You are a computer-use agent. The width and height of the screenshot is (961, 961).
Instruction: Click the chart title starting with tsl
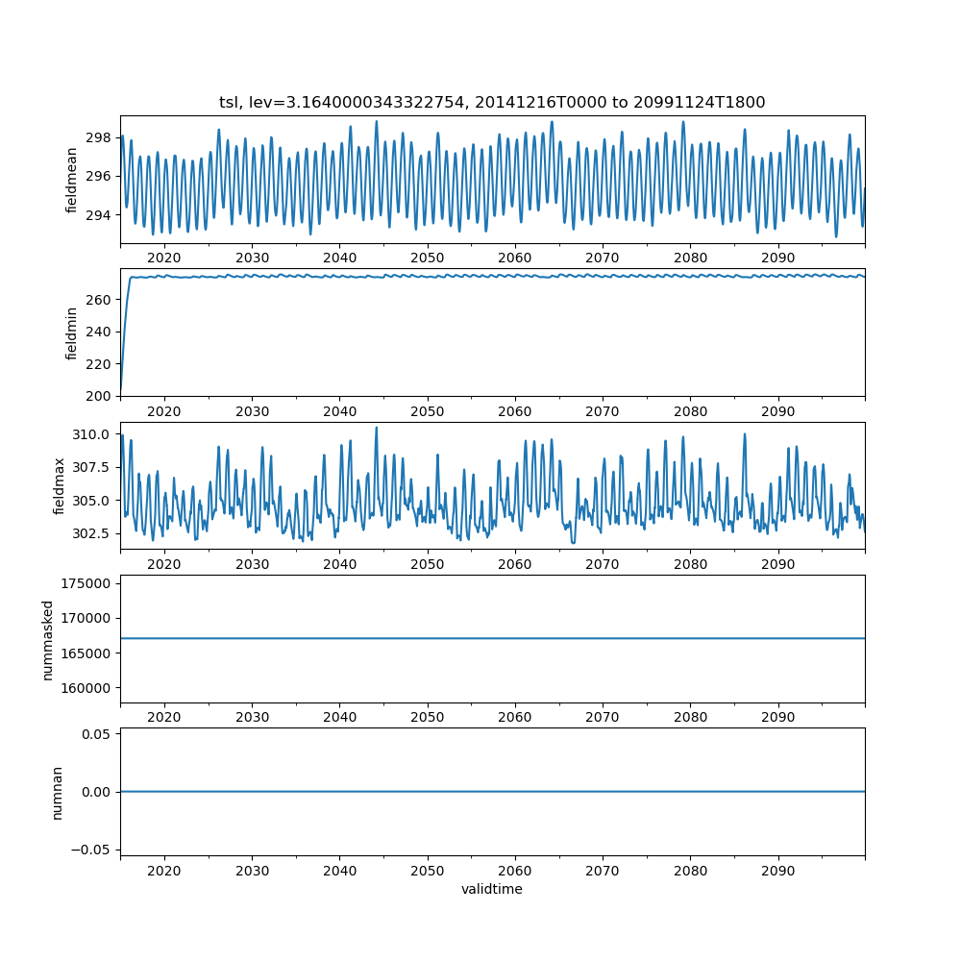tap(492, 103)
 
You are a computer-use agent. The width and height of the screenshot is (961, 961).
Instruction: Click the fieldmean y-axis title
tap(71, 180)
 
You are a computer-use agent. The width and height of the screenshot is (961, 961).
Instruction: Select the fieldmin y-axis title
tap(71, 333)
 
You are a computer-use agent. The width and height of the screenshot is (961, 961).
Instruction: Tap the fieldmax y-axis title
tap(60, 486)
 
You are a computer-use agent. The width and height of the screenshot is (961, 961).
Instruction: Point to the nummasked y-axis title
tap(47, 640)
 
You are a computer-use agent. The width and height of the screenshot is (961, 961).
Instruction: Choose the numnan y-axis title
tap(57, 792)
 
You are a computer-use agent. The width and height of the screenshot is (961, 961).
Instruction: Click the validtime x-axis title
tap(492, 890)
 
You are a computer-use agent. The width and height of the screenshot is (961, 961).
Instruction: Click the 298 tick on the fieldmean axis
tap(99, 136)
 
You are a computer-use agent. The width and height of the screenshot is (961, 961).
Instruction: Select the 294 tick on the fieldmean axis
tap(99, 214)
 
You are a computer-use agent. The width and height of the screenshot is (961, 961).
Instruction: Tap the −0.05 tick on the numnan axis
tap(92, 849)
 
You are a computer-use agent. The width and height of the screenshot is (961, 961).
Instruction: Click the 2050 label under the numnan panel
tap(428, 871)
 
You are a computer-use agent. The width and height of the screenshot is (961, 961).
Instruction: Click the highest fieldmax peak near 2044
tap(376, 428)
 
